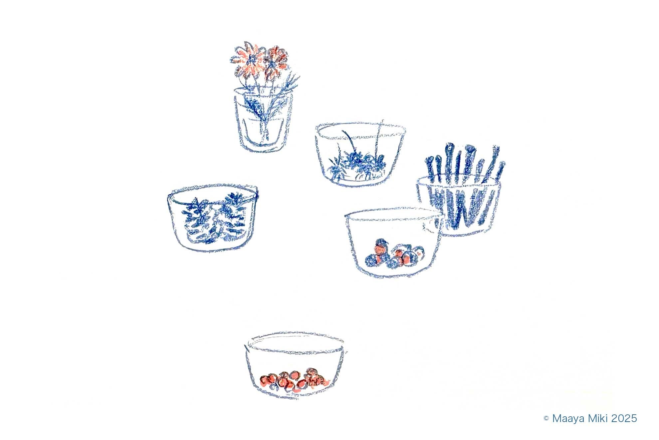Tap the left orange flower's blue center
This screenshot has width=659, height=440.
(x=251, y=60)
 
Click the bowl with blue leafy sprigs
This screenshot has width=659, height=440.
(x=213, y=217)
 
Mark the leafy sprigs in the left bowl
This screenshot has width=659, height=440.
(x=215, y=218)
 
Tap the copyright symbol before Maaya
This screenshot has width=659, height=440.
(x=546, y=418)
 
